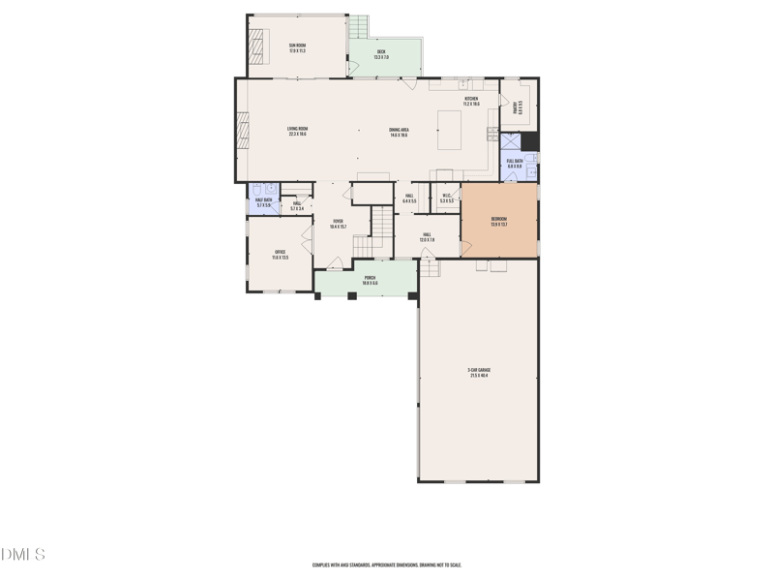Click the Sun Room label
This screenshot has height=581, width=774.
coord(296,47)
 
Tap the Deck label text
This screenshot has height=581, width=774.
coord(381,54)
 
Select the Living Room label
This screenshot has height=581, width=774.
coord(297,132)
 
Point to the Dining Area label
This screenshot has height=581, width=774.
coord(399,132)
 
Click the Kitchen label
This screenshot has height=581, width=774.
coord(471,101)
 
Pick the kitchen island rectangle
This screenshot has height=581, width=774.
coord(450,130)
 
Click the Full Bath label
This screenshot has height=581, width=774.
coord(514,164)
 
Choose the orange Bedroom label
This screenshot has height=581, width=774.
coord(498,221)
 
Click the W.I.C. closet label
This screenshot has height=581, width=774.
coord(446,199)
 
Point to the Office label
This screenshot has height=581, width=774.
coord(280,255)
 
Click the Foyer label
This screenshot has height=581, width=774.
coord(338,224)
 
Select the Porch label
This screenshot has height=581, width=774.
coord(370,280)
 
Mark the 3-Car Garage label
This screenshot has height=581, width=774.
coord(478,372)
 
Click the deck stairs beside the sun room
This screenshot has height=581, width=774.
coord(359,26)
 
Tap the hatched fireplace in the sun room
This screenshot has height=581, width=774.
coord(257,46)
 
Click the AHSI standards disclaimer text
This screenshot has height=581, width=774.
coord(386,565)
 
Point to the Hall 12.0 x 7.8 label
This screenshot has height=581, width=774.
coord(426,236)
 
